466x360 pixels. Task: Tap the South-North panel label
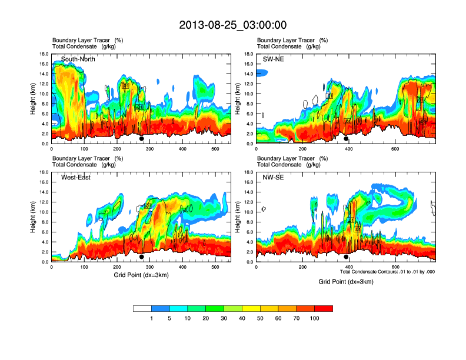pyautogui.click(x=78, y=59)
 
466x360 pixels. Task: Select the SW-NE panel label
pyautogui.click(x=274, y=59)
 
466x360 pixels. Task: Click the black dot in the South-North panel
pyautogui.click(x=141, y=139)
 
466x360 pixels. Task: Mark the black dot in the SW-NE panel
pyautogui.click(x=346, y=139)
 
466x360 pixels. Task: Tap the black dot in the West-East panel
pyautogui.click(x=141, y=257)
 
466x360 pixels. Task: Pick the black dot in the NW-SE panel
pyautogui.click(x=346, y=257)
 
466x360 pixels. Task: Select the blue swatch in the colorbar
pyautogui.click(x=161, y=308)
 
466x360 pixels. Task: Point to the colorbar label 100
pyautogui.click(x=315, y=318)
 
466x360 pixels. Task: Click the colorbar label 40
pyautogui.click(x=242, y=318)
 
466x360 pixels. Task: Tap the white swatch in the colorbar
pyautogui.click(x=142, y=308)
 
